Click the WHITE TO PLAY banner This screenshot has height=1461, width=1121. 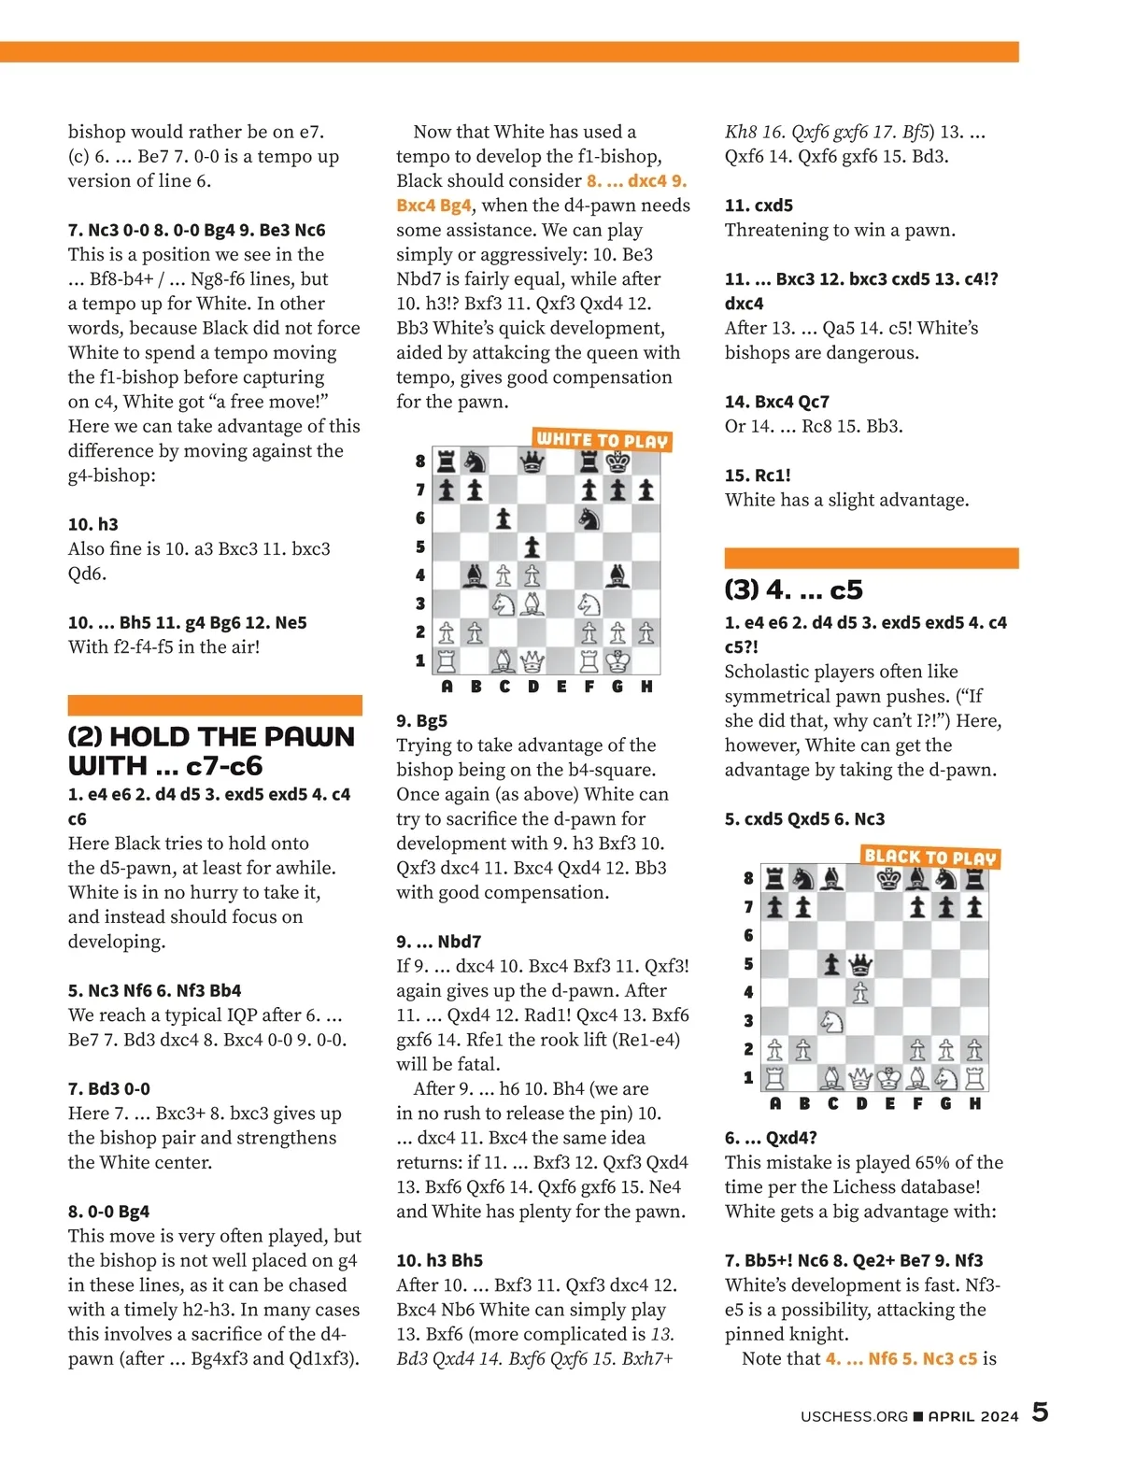tap(603, 439)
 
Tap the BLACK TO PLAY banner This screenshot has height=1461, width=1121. tap(930, 857)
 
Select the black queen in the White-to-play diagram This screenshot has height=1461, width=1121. tap(532, 461)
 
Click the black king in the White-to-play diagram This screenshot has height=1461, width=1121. tap(617, 461)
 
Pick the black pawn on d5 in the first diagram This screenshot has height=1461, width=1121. tap(532, 546)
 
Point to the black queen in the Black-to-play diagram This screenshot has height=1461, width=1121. tap(859, 963)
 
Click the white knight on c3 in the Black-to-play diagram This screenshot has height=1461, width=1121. tap(831, 1020)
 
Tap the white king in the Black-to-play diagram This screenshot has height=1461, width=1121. tap(888, 1078)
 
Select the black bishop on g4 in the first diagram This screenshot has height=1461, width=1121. tap(617, 574)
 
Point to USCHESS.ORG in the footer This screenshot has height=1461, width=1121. tap(854, 1416)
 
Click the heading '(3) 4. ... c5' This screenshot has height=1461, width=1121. tap(794, 589)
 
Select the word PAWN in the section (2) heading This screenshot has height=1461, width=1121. tap(309, 737)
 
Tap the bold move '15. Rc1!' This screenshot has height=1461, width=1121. tap(758, 475)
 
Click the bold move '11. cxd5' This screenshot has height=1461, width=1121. tap(759, 206)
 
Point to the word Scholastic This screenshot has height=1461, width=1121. tap(769, 672)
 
